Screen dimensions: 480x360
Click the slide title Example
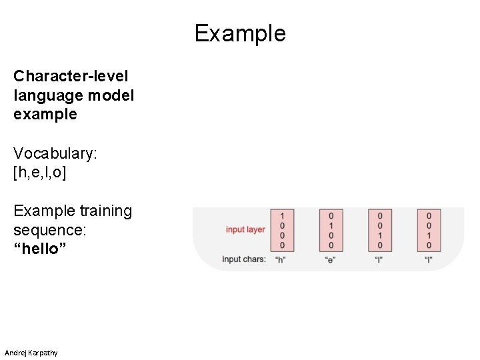tap(240, 33)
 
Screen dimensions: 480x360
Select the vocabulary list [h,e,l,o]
tap(40, 173)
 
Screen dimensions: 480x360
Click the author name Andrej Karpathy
tap(31, 352)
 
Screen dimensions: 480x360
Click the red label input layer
tap(245, 230)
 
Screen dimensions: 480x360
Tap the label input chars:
tap(244, 259)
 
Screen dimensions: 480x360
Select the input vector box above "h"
tap(282, 231)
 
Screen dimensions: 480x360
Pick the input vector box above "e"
tap(331, 231)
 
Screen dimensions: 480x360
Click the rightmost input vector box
tap(429, 231)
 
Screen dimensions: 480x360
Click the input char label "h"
tap(281, 260)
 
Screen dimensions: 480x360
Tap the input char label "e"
tap(331, 260)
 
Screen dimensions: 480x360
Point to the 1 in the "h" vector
tap(282, 216)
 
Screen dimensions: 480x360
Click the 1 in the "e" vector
tap(331, 225)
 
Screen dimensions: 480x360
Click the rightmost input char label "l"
tap(429, 260)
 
